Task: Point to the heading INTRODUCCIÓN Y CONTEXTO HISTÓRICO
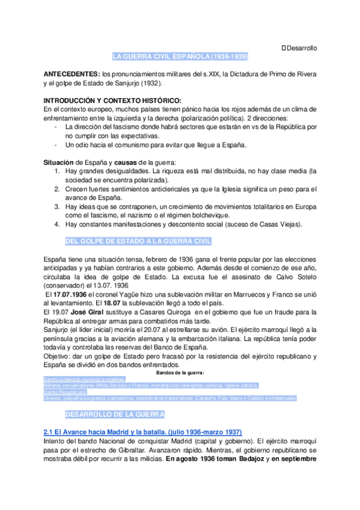(x=112, y=100)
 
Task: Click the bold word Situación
(x=59, y=163)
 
